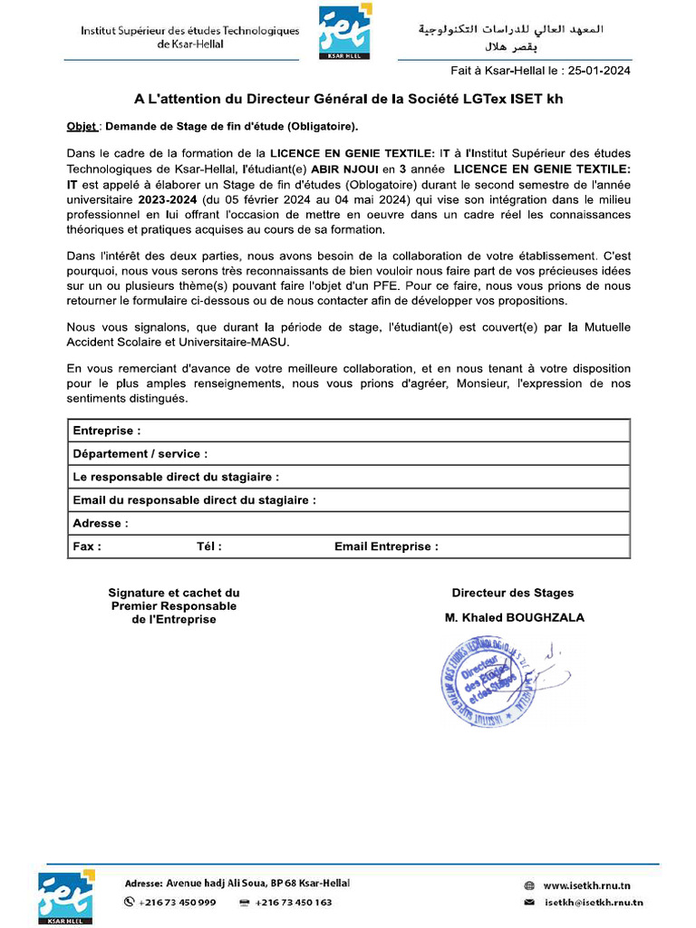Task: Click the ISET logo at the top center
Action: point(344,32)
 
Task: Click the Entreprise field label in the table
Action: point(106,430)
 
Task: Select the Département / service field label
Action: point(140,453)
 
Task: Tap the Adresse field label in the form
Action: point(100,523)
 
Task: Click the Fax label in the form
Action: point(86,546)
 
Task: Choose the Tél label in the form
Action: point(208,546)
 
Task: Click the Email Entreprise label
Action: point(386,546)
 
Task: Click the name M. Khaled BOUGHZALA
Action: point(514,617)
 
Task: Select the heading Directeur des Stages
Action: point(513,593)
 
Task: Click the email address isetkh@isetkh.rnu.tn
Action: point(594,903)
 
